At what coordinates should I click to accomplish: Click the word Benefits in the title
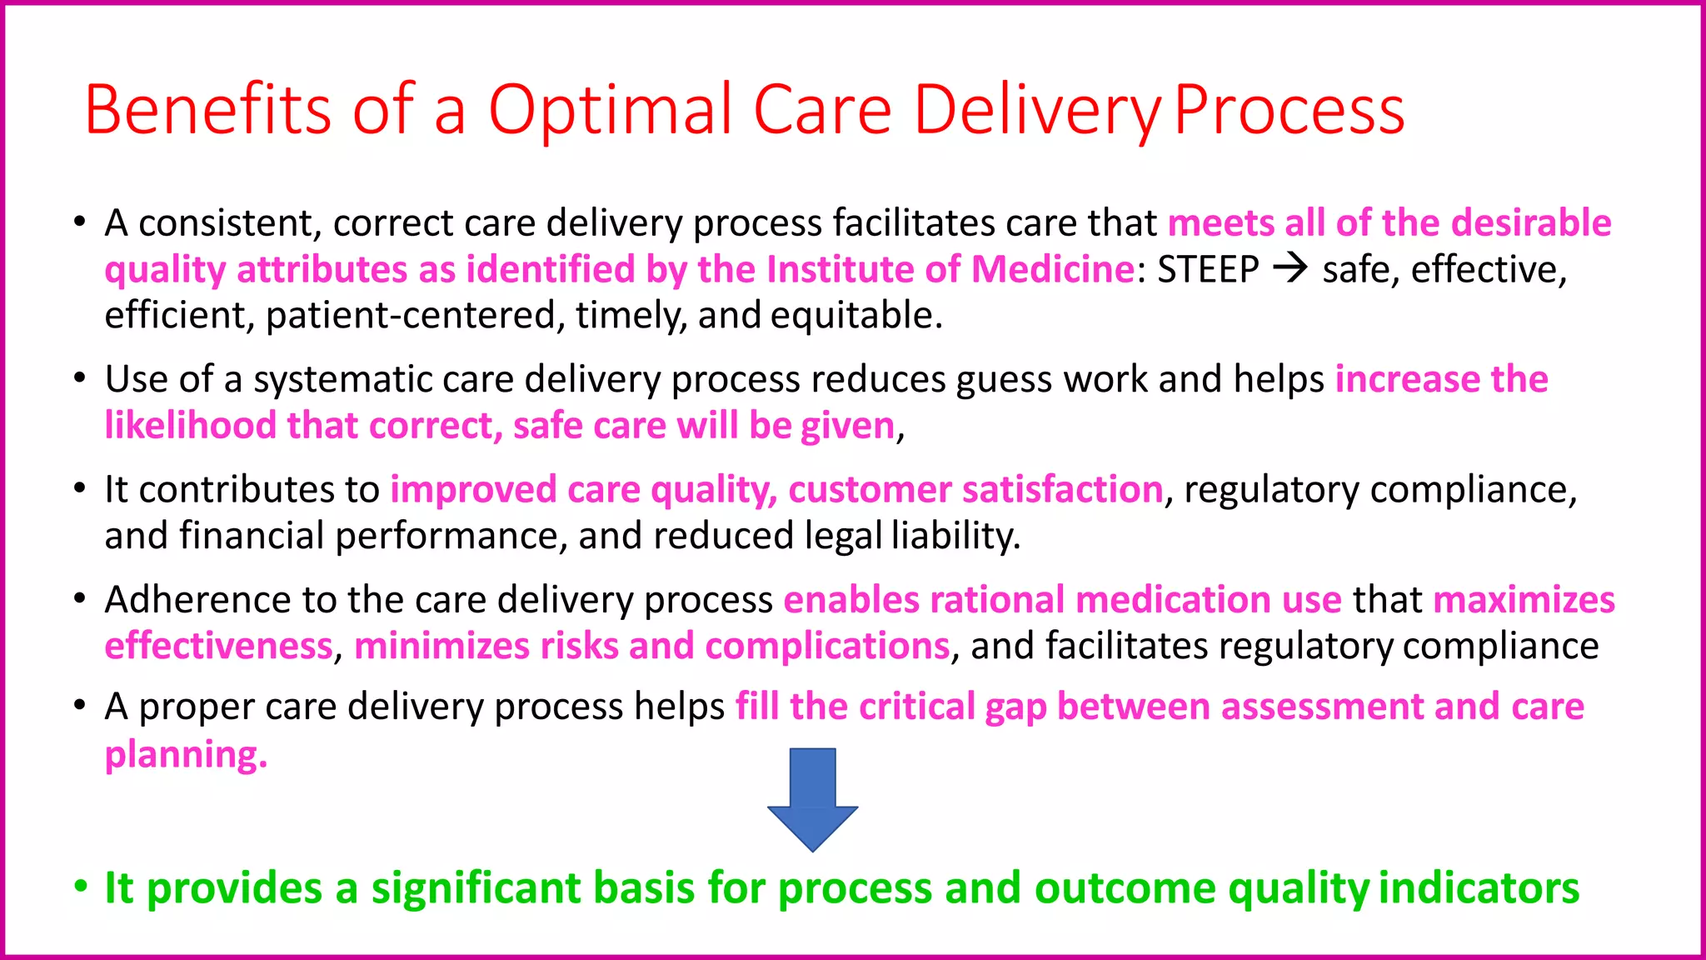tap(207, 109)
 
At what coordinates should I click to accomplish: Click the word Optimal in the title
tap(611, 109)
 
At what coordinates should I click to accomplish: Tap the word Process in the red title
tap(1289, 109)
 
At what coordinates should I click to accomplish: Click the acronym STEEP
tap(1208, 269)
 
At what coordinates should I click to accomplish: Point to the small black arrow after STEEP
tap(1291, 268)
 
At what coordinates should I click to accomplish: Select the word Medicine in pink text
tap(1052, 269)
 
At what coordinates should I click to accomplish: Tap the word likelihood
tap(190, 425)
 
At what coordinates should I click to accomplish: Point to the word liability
tap(955, 536)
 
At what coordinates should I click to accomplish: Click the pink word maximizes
tap(1524, 600)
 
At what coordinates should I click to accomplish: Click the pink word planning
tap(185, 754)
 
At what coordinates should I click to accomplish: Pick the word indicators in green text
tap(1479, 887)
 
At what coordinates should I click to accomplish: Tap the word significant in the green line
tap(475, 887)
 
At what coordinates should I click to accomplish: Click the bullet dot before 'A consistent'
tap(80, 222)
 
